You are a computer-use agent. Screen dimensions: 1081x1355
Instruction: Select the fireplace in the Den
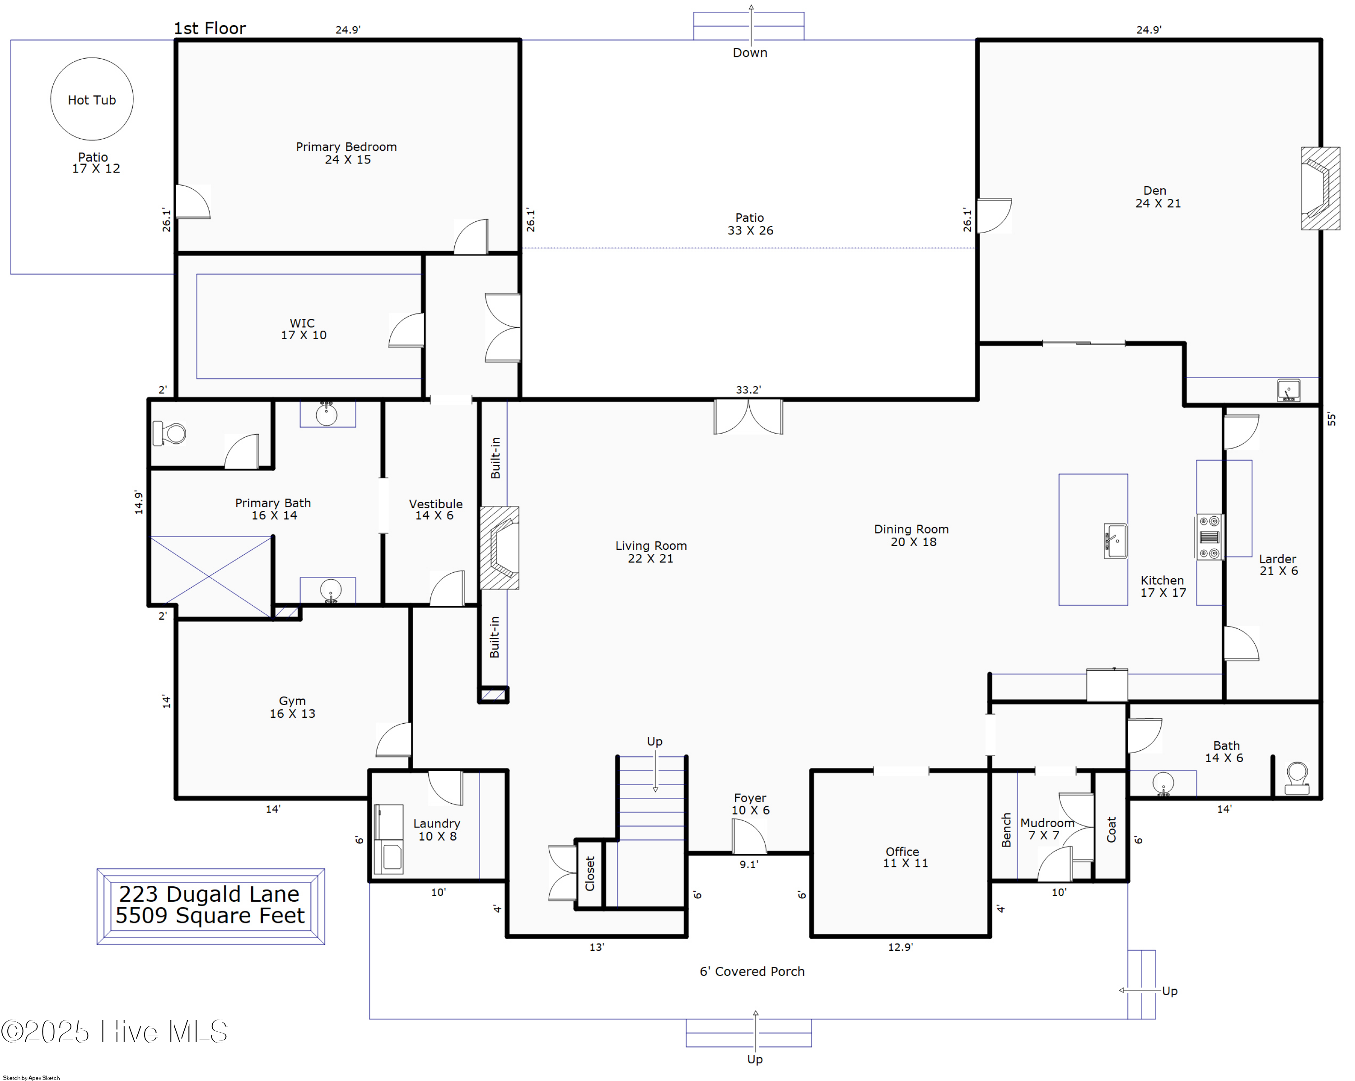1320,188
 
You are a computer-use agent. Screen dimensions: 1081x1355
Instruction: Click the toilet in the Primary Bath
170,434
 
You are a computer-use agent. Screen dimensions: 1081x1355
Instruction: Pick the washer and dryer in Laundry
388,839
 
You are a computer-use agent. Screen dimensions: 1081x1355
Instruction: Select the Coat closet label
1111,829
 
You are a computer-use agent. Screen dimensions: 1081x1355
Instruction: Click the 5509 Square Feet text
210,916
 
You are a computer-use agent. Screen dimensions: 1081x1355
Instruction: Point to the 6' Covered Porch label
752,971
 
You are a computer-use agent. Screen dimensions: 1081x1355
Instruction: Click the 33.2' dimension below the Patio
748,390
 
